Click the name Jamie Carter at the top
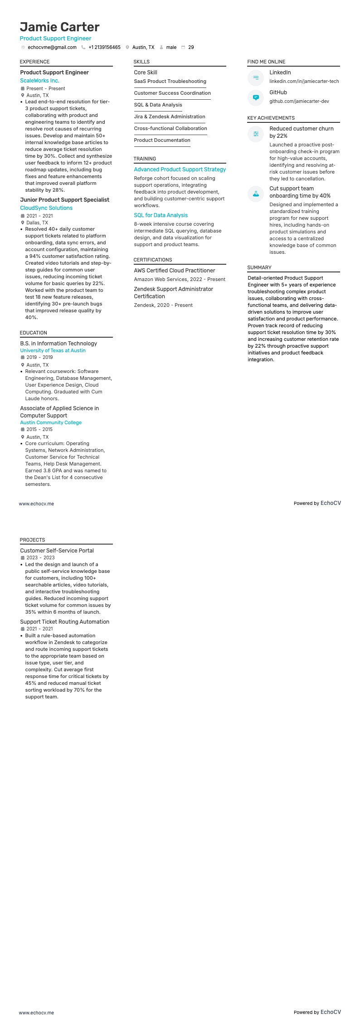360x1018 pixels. pyautogui.click(x=59, y=27)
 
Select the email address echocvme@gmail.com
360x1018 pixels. pyautogui.click(x=52, y=47)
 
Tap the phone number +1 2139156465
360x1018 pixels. pyautogui.click(x=104, y=47)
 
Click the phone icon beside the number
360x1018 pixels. pyautogui.click(x=83, y=47)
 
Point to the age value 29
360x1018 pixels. pyautogui.click(x=191, y=47)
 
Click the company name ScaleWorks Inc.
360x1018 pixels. pyautogui.click(x=39, y=81)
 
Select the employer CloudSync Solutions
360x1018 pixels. pyautogui.click(x=46, y=208)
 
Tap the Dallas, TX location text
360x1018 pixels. pyautogui.click(x=37, y=223)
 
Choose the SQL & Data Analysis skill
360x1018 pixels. pyautogui.click(x=158, y=105)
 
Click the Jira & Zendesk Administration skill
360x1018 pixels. pyautogui.click(x=169, y=116)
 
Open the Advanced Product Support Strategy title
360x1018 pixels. pyautogui.click(x=180, y=170)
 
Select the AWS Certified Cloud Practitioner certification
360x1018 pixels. pyautogui.click(x=174, y=271)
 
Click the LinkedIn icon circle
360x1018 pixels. pyautogui.click(x=256, y=78)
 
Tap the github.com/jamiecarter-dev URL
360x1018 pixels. pyautogui.click(x=299, y=102)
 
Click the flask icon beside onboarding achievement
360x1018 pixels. pyautogui.click(x=256, y=194)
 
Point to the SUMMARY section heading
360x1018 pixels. pyautogui.click(x=259, y=267)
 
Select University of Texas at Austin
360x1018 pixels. pyautogui.click(x=53, y=350)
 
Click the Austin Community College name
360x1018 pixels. pyautogui.click(x=51, y=422)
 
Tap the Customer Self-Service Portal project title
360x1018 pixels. pyautogui.click(x=57, y=551)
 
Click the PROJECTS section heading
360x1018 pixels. pyautogui.click(x=32, y=540)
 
